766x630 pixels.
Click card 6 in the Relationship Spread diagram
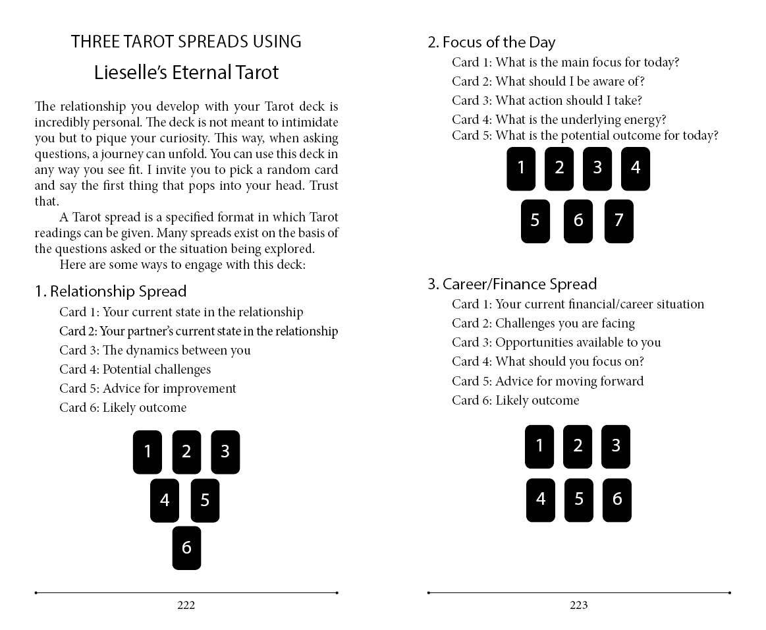[186, 548]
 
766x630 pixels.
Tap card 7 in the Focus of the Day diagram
[618, 221]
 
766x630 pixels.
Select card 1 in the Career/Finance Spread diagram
[539, 446]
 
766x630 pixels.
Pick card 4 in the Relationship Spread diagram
[165, 501]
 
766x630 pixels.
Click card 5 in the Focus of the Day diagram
[535, 221]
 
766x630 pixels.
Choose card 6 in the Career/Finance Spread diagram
[617, 500]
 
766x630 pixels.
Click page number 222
[186, 605]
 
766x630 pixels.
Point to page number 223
[578, 605]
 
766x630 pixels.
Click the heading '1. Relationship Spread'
[111, 291]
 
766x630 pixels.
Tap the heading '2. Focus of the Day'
[491, 42]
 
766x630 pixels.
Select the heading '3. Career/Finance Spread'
[512, 284]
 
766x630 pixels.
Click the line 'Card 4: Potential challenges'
[135, 369]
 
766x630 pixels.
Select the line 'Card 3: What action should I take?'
[547, 100]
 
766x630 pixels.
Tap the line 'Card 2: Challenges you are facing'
[543, 323]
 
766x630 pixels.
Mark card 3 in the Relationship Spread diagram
[225, 451]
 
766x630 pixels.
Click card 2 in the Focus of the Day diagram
[559, 168]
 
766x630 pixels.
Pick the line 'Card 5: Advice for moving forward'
[547, 381]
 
